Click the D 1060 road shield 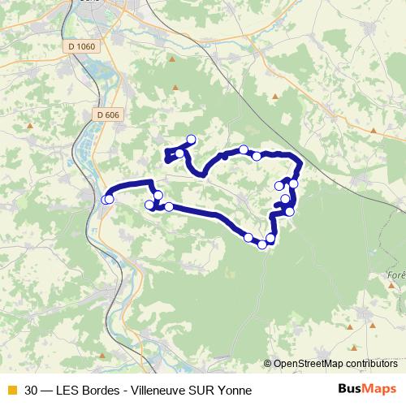coord(81,47)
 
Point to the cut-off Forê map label coord(396,275)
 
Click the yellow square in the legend coord(11,390)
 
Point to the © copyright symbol coord(267,363)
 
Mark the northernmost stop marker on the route coord(192,139)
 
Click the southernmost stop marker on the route coord(262,244)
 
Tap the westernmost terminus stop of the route coord(106,199)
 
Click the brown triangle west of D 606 coord(30,126)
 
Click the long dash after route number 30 coord(49,390)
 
